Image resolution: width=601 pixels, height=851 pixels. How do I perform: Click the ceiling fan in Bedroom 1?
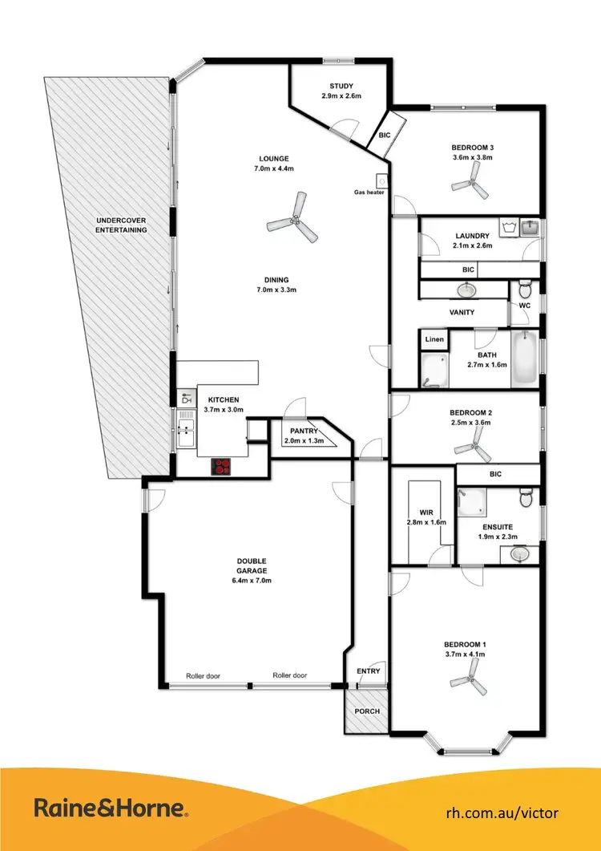468,683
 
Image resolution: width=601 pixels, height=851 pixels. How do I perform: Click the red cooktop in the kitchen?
222,468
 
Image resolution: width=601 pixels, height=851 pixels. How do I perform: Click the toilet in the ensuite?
526,497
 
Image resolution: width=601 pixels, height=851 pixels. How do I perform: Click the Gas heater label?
370,192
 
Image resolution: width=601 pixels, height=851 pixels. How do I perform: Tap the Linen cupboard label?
434,339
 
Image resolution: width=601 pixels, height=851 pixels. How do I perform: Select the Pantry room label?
294,431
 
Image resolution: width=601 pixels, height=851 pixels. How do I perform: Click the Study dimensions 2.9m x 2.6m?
342,95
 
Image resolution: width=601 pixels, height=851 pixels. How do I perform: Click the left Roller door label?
204,675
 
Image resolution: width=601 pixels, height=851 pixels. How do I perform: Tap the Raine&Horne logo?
111,808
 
